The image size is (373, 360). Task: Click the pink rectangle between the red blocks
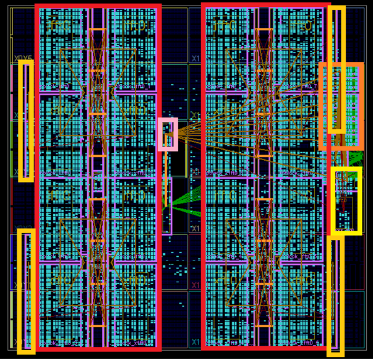click(168, 134)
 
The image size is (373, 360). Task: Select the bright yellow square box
click(346, 200)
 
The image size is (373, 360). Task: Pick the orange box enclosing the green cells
click(341, 106)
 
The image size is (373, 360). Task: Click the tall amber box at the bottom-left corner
click(26, 291)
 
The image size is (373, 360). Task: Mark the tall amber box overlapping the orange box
click(337, 69)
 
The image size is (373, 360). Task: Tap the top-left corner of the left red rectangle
click(37, 7)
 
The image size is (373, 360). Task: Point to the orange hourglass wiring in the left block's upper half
click(98, 93)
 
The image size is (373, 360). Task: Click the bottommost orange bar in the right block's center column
click(264, 325)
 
